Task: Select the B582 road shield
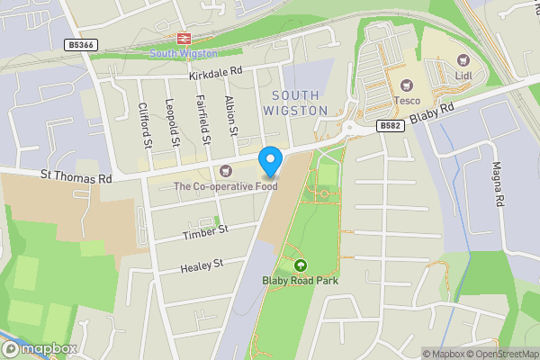390,126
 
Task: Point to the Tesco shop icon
406,85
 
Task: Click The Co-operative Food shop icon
225,171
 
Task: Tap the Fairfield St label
203,121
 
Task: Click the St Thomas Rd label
75,177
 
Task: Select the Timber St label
206,230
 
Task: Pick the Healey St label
201,265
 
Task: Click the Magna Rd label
496,184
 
